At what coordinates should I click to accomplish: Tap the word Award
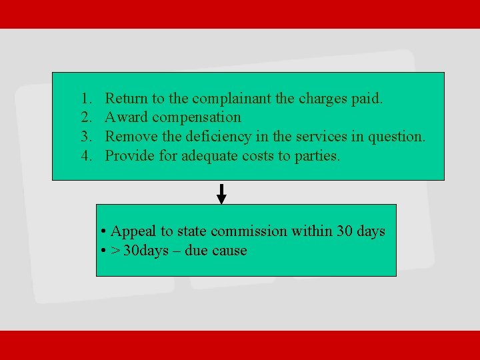pos(127,118)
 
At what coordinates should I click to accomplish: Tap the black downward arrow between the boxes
pos(222,194)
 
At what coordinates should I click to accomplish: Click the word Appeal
pos(133,232)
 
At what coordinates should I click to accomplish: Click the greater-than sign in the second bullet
pos(115,251)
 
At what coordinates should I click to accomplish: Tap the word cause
pos(229,251)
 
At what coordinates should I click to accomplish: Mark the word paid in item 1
pos(367,99)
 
